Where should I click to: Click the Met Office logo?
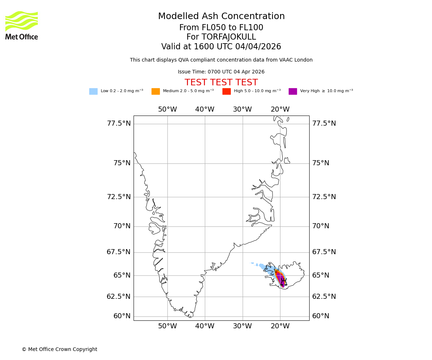pos(22,25)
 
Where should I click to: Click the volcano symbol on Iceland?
pos(284,282)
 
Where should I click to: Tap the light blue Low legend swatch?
pos(93,91)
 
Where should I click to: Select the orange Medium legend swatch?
pos(156,91)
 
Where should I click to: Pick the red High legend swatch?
pos(226,91)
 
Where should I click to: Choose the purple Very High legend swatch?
pos(293,91)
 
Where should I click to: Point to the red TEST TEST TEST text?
pos(221,83)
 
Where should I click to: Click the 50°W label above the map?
pos(167,109)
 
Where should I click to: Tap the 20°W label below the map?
pos(280,327)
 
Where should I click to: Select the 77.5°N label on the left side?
pos(119,123)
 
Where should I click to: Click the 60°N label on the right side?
pos(320,316)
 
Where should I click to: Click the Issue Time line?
pos(221,72)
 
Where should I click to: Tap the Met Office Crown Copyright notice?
pos(59,350)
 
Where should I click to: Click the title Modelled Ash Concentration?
pos(221,17)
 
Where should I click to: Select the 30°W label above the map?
pos(242,109)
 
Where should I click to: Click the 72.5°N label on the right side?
pos(324,197)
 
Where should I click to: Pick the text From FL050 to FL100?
pos(221,28)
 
